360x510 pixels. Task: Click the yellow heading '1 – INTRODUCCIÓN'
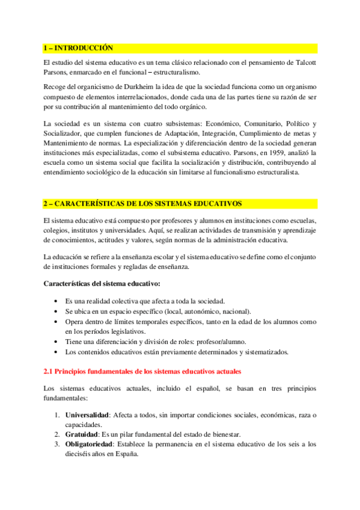tap(79, 48)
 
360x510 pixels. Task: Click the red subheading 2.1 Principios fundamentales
tap(142, 372)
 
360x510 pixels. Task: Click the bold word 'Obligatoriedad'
tap(90, 444)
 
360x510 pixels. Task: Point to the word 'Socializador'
tap(65, 132)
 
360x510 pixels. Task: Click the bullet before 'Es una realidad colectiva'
tap(56, 301)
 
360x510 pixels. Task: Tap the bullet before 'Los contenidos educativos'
tap(56, 352)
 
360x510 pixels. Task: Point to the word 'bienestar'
tap(221, 434)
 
